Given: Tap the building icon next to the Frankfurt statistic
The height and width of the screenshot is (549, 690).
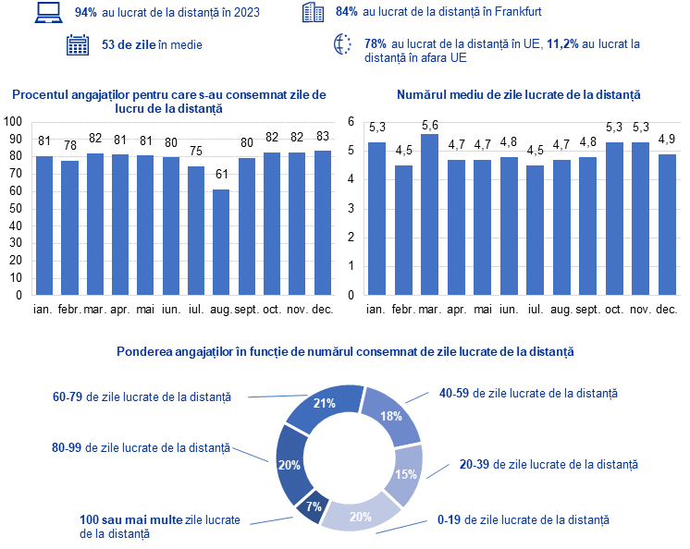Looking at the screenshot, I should click(x=314, y=13).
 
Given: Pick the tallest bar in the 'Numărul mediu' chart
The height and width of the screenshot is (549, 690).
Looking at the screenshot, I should click(x=429, y=214).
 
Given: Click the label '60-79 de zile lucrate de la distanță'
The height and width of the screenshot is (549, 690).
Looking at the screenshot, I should click(x=142, y=396).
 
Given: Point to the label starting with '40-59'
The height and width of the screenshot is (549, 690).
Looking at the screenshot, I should click(x=527, y=393).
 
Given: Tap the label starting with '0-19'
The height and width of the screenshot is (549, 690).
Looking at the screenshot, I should click(x=523, y=520).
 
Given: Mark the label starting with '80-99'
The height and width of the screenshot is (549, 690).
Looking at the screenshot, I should click(x=142, y=447).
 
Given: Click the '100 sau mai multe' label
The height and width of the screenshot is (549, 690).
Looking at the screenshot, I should click(x=159, y=526).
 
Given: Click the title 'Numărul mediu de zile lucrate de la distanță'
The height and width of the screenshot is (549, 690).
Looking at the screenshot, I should click(x=519, y=95).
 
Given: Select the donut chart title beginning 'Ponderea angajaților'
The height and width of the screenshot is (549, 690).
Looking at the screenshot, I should click(x=345, y=352).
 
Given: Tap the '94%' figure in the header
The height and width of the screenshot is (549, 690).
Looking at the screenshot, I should click(x=87, y=12).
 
